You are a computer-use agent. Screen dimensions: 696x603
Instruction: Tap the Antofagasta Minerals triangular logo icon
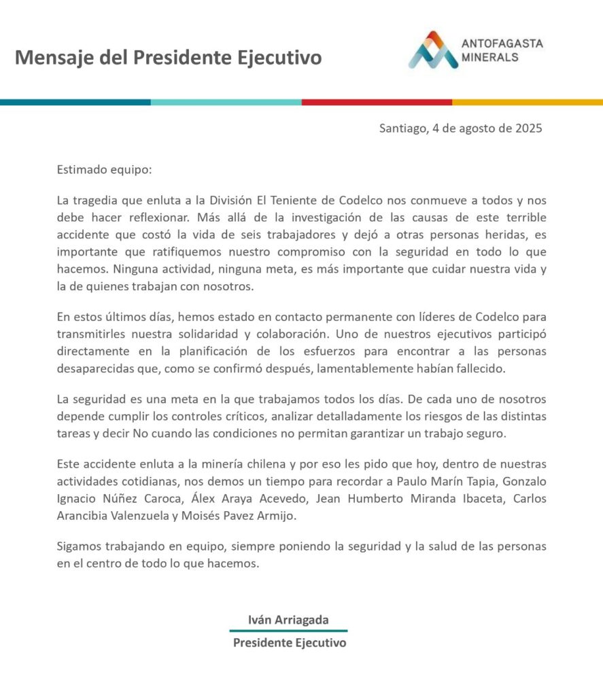(x=433, y=50)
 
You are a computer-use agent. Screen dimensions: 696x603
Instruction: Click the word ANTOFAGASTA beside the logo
(x=502, y=43)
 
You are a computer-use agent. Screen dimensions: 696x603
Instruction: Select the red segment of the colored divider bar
(x=377, y=102)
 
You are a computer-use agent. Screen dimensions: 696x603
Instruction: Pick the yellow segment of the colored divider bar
(x=528, y=102)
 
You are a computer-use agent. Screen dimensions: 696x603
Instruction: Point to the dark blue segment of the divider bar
(x=75, y=102)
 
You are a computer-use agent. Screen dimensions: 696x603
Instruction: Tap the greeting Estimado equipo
(x=104, y=169)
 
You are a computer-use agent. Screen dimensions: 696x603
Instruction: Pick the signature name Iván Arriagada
(x=288, y=620)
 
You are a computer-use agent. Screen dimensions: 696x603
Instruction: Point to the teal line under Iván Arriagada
(x=288, y=631)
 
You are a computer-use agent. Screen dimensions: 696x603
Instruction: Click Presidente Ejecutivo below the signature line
(x=289, y=643)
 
